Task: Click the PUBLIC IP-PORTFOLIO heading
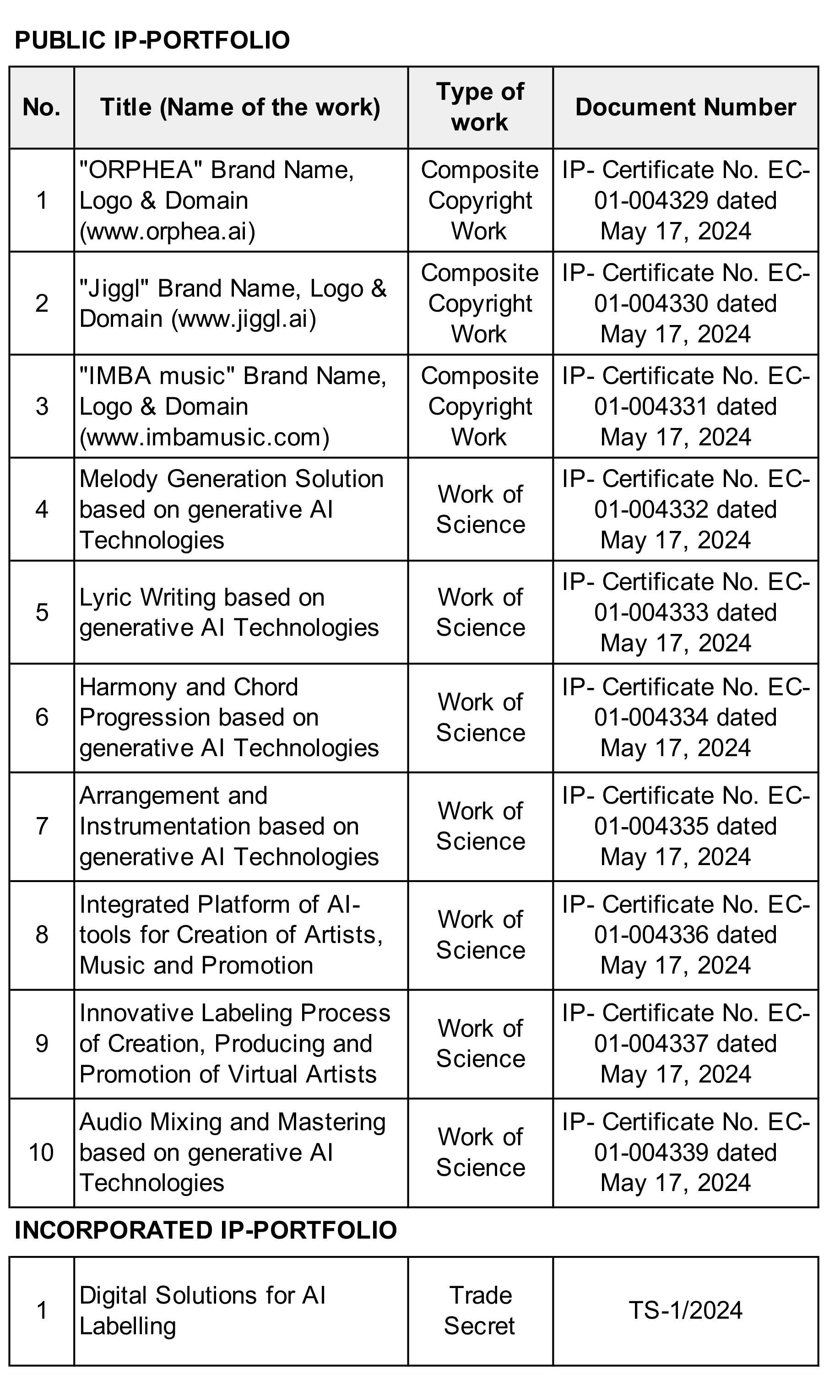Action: [152, 40]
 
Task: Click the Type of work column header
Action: [480, 107]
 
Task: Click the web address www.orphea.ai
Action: [168, 231]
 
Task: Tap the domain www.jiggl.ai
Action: [244, 319]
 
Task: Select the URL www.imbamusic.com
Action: [204, 437]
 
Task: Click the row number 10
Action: [41, 1153]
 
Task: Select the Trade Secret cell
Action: [480, 1311]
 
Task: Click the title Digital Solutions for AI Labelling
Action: [202, 1311]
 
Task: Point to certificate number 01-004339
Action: [651, 1153]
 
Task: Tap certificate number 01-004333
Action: [651, 613]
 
